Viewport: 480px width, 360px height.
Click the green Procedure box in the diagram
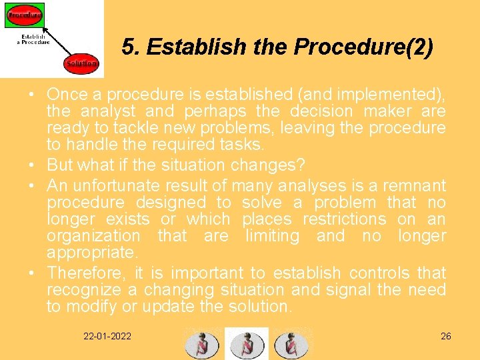pos(25,14)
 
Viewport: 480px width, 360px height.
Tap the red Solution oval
pos(81,64)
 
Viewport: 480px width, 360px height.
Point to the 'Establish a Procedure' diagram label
pos(33,39)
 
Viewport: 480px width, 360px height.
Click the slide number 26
pos(446,336)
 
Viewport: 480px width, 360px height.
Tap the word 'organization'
pos(93,236)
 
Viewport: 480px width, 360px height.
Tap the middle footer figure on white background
pos(247,343)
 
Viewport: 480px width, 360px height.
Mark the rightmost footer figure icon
pos(291,343)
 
